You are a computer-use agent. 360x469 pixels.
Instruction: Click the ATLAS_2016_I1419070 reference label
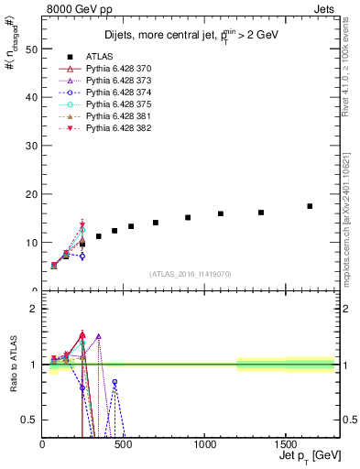point(191,274)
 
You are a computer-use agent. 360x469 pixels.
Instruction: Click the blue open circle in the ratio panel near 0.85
point(115,381)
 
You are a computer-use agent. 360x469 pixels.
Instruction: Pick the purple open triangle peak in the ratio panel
point(98,336)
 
